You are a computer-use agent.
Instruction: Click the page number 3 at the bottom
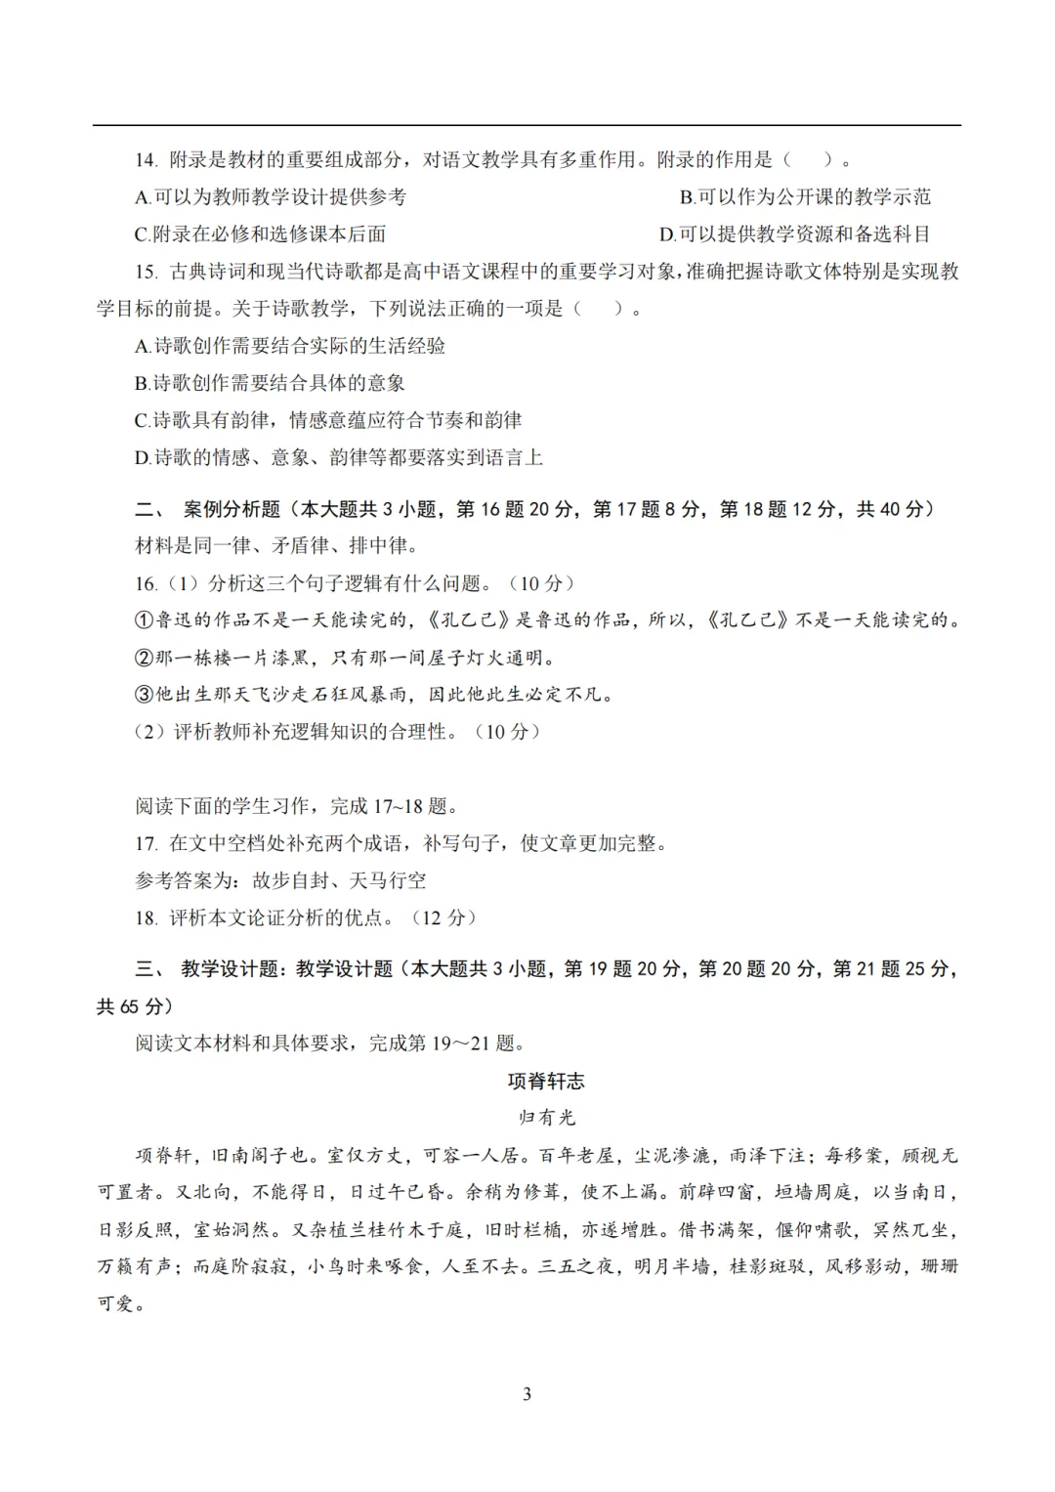527,1393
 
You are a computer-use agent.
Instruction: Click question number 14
147,160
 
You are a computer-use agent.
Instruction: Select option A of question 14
143,197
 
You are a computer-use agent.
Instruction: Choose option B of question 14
687,197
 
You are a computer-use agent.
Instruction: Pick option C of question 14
143,234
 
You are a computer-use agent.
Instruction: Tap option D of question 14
667,234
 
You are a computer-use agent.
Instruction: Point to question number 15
147,272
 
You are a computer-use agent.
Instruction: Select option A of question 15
143,346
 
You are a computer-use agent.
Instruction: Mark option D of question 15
143,457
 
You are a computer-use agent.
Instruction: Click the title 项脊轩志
546,1081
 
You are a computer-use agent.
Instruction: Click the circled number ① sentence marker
145,620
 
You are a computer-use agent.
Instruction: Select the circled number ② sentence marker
145,658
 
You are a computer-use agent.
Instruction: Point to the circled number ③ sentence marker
145,695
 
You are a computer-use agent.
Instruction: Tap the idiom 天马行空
388,880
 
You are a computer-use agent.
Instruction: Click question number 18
147,917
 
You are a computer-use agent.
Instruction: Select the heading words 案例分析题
232,509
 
